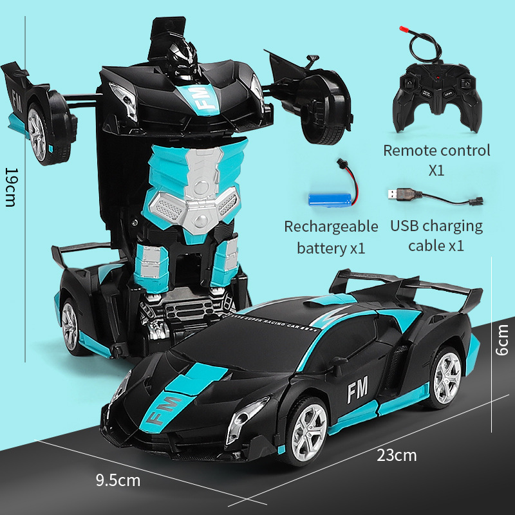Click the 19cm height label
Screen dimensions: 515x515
pyautogui.click(x=11, y=187)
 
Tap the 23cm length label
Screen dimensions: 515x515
pyautogui.click(x=397, y=455)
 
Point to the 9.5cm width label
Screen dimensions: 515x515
pyautogui.click(x=118, y=480)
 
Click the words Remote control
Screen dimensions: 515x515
pyautogui.click(x=436, y=151)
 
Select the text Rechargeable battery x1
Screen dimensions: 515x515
pyautogui.click(x=331, y=236)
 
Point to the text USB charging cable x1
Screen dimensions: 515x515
pyautogui.click(x=436, y=235)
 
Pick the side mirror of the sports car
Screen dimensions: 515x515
pyautogui.click(x=336, y=365)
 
